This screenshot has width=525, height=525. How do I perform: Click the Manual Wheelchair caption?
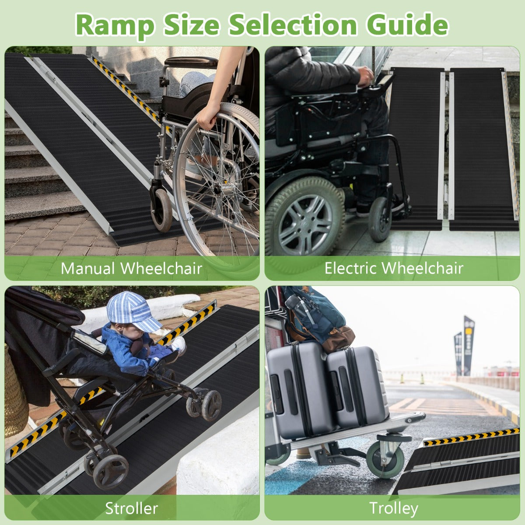point(131,268)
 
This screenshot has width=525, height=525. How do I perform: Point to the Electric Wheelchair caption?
point(394,268)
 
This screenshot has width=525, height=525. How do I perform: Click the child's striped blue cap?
point(132,311)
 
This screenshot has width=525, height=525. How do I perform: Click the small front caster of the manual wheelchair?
point(161,210)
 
